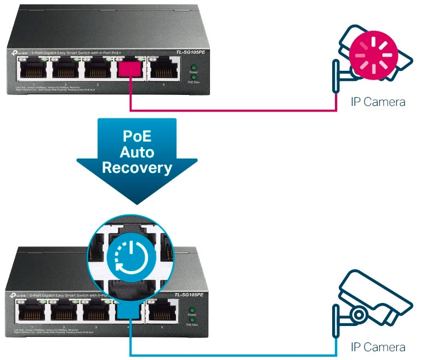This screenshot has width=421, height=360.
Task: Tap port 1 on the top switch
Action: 33,70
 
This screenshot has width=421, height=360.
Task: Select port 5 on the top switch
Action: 162,70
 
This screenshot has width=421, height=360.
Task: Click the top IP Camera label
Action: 378,102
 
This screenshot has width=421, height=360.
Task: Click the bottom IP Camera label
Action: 378,347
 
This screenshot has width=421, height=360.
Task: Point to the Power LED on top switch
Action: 192,67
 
